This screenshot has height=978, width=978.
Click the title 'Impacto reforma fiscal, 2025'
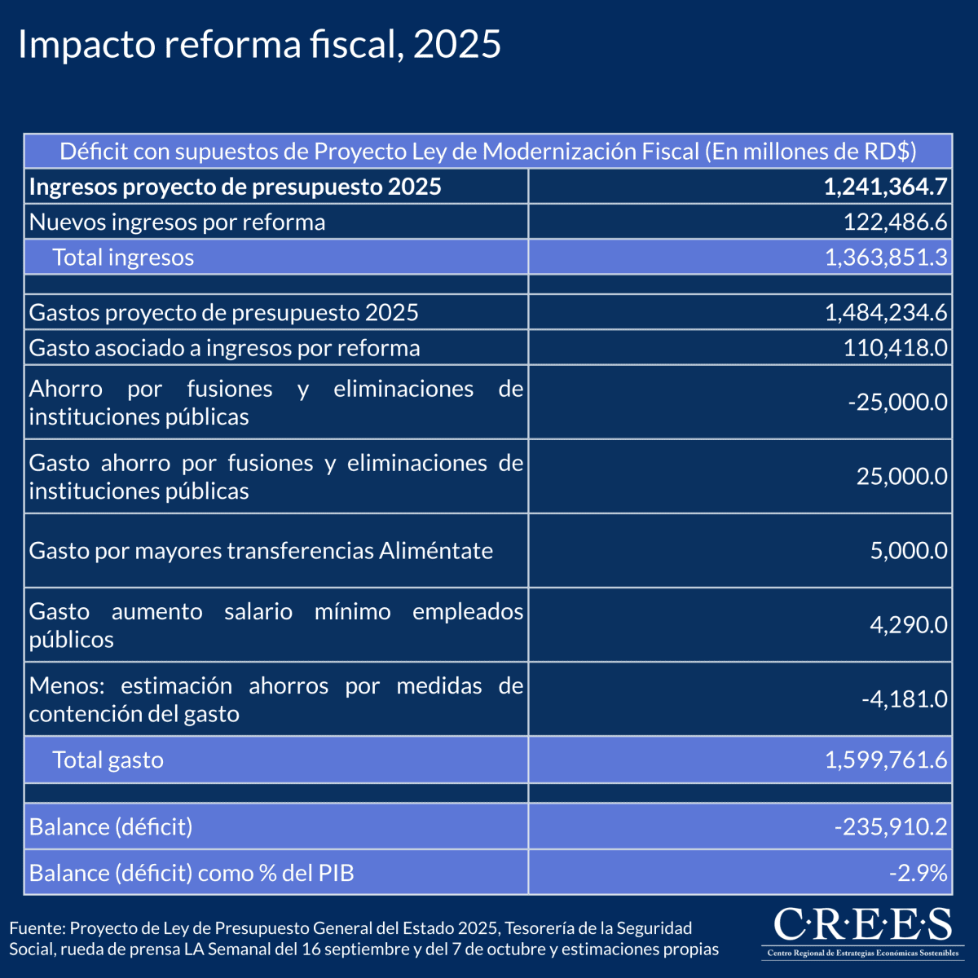coord(259,45)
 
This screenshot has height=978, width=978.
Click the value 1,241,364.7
coord(885,187)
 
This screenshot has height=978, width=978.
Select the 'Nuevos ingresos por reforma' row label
coord(177,222)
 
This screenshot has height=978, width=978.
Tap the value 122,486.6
coord(895,222)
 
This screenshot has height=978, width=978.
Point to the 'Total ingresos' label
coord(123,258)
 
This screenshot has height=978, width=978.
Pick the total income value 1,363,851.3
coord(886,258)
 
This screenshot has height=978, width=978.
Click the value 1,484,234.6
coord(886,312)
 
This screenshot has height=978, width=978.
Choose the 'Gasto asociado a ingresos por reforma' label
coord(224,348)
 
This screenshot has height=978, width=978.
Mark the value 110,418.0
coord(895,348)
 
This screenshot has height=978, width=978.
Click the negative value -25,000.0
coord(897,402)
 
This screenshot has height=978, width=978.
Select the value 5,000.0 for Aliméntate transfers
coord(909,551)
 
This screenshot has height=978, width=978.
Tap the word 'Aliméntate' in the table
coord(436,551)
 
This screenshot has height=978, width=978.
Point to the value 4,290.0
coord(909,625)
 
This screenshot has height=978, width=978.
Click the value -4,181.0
coord(904,699)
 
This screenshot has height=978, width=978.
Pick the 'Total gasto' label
coord(108,760)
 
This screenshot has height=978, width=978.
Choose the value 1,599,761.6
coord(886,760)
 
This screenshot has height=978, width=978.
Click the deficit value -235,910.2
coord(891,827)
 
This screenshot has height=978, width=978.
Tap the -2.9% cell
coord(918,873)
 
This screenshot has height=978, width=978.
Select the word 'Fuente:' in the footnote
coord(37,928)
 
